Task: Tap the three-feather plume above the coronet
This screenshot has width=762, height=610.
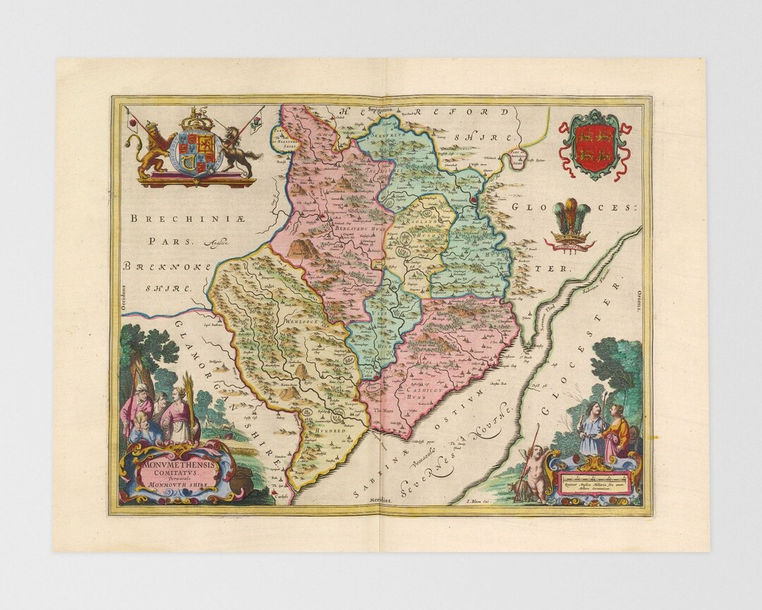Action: point(571,217)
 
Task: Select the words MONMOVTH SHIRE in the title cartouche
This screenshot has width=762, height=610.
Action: point(174,485)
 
